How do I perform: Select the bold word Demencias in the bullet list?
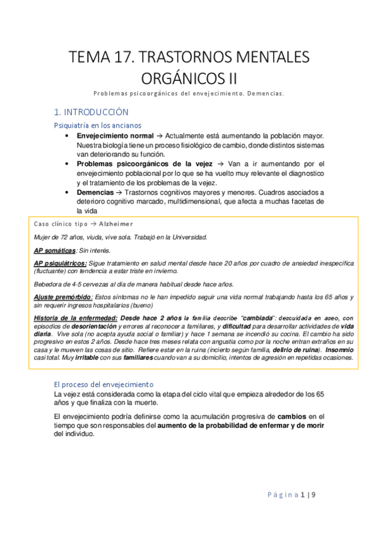click(x=95, y=192)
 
